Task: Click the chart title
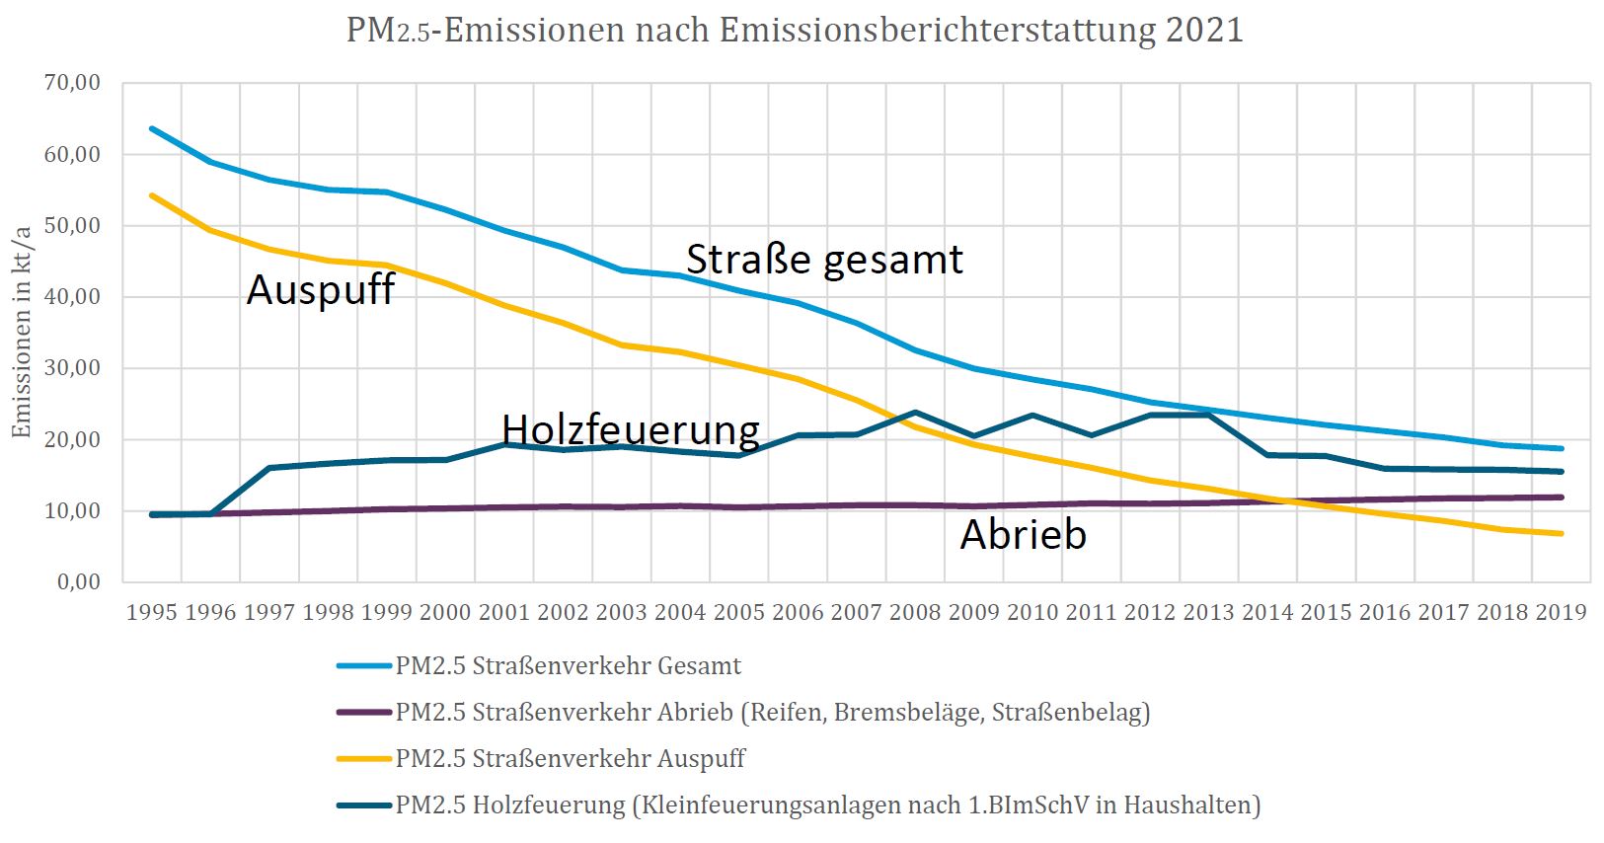(795, 30)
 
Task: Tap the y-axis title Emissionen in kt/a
(22, 332)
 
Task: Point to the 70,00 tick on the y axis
(72, 83)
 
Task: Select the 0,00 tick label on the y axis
(78, 581)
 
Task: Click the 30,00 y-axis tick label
(72, 368)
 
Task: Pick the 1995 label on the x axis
(152, 612)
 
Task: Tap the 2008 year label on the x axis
(915, 612)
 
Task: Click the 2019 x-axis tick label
(1561, 612)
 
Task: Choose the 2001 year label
(504, 612)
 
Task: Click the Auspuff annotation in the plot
(320, 290)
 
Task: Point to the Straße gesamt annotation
(824, 260)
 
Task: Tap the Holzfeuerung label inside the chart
(631, 429)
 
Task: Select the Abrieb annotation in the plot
(1024, 534)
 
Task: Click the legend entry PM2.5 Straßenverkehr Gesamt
(568, 666)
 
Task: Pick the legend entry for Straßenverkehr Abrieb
(772, 713)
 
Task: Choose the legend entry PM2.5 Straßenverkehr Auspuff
(570, 759)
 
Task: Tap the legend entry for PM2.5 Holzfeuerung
(827, 805)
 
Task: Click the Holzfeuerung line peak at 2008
(915, 412)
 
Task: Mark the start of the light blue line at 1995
(152, 128)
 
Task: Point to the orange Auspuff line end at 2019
(1561, 534)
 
